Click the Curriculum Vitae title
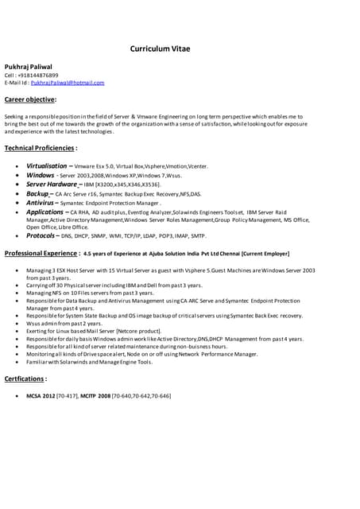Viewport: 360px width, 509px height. (160, 49)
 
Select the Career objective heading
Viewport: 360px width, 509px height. (30, 99)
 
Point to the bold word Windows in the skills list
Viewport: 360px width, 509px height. (40, 175)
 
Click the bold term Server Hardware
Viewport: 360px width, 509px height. (52, 184)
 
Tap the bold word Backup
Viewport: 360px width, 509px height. (37, 193)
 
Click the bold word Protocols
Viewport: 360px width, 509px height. (41, 235)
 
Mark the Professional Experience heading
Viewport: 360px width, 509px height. (41, 253)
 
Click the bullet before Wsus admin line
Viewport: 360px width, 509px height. (17, 323)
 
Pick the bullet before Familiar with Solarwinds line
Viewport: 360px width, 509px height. (17, 361)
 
